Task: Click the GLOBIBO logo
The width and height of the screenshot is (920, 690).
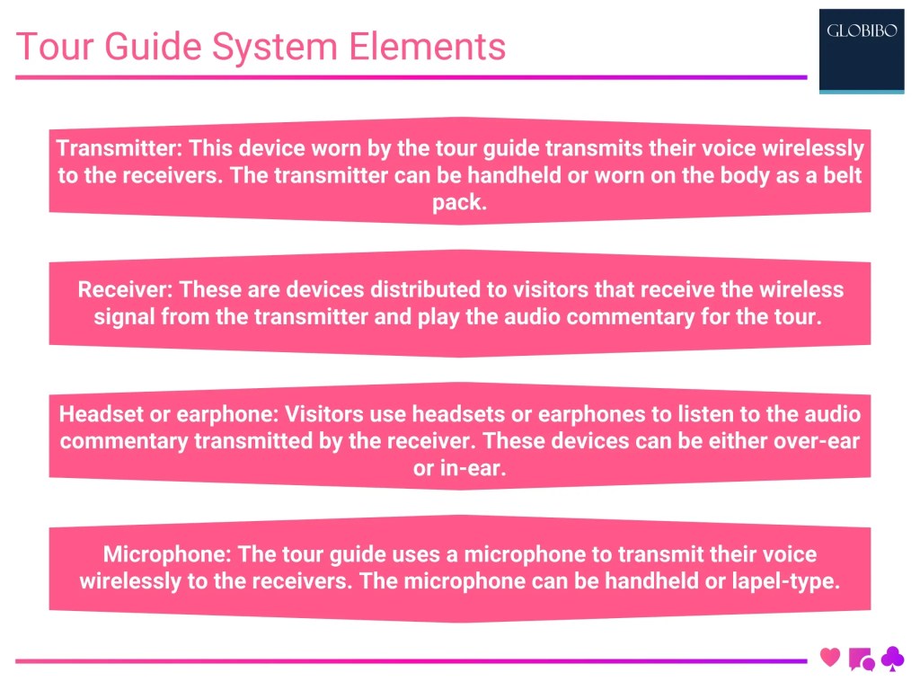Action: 862,50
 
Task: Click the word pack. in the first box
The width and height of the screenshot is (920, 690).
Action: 459,202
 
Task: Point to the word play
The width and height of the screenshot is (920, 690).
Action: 438,316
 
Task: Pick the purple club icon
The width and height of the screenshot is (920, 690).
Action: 892,659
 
